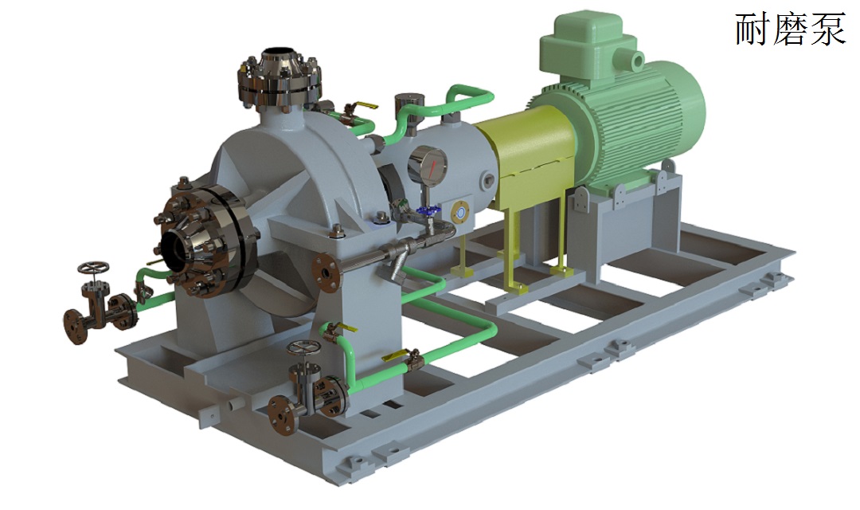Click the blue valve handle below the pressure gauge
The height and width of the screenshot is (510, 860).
pyautogui.click(x=428, y=210)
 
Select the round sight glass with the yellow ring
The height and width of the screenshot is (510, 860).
pyautogui.click(x=461, y=212)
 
